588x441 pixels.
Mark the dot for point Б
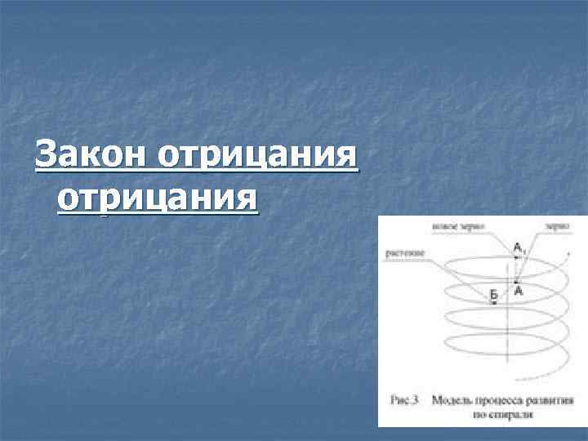pyautogui.click(x=494, y=304)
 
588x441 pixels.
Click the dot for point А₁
pyautogui.click(x=516, y=256)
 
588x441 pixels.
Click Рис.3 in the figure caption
pyautogui.click(x=403, y=400)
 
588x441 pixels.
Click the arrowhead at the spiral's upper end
pyautogui.click(x=568, y=254)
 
